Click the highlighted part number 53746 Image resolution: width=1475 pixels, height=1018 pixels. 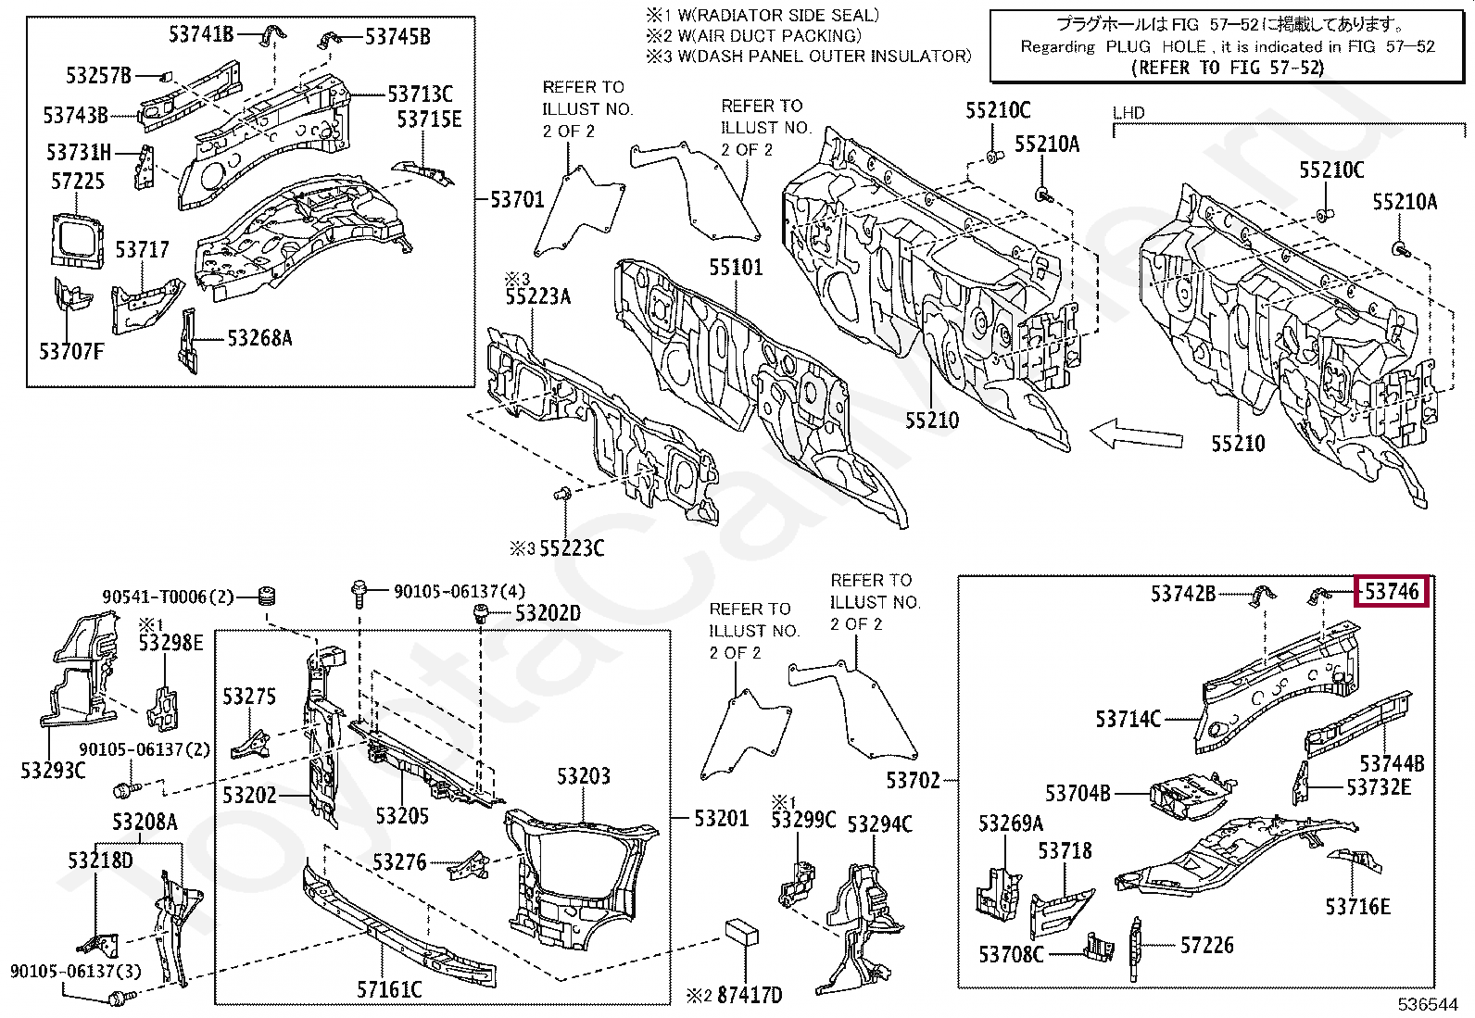[x=1392, y=591]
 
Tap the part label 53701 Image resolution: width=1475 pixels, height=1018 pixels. [x=518, y=199]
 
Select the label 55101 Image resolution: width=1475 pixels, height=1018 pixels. [x=736, y=267]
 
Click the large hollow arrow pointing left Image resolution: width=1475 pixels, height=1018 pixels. [x=1136, y=435]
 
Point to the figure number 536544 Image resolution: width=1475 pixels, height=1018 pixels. [x=1428, y=1004]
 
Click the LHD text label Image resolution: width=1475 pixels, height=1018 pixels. [x=1128, y=113]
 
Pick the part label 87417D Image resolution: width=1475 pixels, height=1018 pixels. [x=750, y=995]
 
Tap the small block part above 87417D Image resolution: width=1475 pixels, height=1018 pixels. [x=741, y=932]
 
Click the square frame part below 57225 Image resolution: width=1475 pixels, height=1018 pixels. [x=78, y=240]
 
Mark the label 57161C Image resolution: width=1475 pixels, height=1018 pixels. [x=389, y=989]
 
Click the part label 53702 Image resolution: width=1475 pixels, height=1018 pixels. [x=913, y=780]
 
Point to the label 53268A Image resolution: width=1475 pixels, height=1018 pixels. [x=259, y=338]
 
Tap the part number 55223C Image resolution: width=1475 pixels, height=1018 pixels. [x=572, y=548]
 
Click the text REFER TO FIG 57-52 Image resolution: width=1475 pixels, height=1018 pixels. [x=1228, y=68]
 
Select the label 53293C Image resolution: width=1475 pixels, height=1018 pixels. [x=53, y=770]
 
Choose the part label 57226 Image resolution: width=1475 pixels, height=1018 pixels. [x=1206, y=946]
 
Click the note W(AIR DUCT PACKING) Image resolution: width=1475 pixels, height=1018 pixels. [x=769, y=35]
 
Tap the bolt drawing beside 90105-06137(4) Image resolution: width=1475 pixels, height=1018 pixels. [x=359, y=593]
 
